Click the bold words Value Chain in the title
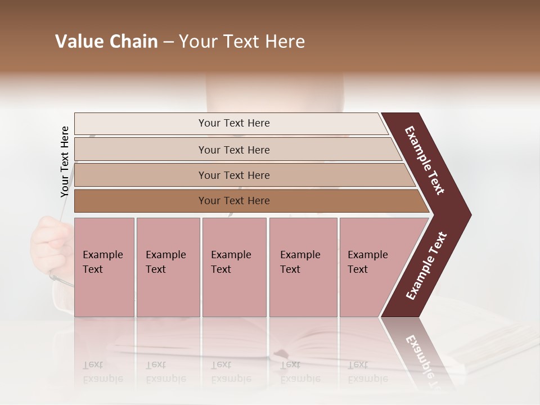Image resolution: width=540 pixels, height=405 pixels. click(x=106, y=42)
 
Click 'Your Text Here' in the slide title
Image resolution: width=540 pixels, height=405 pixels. click(x=242, y=42)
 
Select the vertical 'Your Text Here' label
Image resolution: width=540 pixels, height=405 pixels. click(x=65, y=161)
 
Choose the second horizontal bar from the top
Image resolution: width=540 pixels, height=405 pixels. click(x=233, y=150)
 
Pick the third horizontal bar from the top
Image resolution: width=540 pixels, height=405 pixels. click(x=233, y=175)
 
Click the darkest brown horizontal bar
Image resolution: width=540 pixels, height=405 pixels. click(x=233, y=201)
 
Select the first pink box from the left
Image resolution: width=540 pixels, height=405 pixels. click(x=104, y=267)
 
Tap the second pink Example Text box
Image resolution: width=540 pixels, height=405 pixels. click(x=168, y=267)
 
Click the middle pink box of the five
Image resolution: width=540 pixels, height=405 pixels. click(x=234, y=267)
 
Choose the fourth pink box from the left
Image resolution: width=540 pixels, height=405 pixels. click(x=303, y=267)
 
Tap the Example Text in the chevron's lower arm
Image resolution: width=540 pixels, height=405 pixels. click(x=426, y=266)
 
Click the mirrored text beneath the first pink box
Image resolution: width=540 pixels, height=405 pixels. click(x=102, y=372)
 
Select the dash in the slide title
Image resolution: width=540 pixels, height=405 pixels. click(x=168, y=42)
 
